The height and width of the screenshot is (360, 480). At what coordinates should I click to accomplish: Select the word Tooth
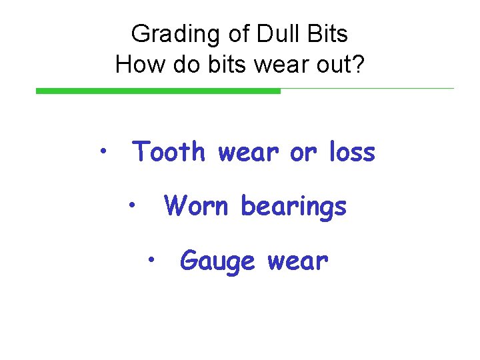169,153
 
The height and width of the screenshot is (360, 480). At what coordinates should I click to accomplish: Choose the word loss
352,153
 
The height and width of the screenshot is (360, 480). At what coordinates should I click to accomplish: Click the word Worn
198,206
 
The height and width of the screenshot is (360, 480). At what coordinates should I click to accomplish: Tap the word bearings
294,207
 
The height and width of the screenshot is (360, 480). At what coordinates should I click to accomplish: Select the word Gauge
218,261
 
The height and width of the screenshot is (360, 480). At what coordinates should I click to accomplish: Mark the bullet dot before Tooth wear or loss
103,149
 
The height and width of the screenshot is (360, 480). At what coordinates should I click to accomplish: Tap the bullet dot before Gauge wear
153,257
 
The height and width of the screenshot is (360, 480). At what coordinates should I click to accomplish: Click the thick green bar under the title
158,91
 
